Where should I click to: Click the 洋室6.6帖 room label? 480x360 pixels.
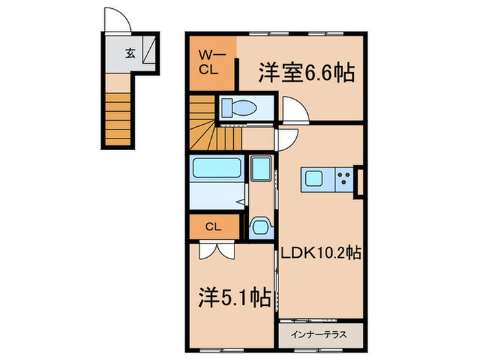click(306, 73)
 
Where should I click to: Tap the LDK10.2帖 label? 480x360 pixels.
click(320, 254)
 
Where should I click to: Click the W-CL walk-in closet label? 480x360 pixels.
click(211, 62)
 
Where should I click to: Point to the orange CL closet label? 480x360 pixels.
click(213, 225)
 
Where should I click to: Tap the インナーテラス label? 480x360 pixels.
click(320, 335)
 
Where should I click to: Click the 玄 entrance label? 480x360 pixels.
click(130, 52)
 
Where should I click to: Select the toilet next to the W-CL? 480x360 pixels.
click(239, 108)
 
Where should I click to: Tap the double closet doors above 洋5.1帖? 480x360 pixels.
click(215, 250)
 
